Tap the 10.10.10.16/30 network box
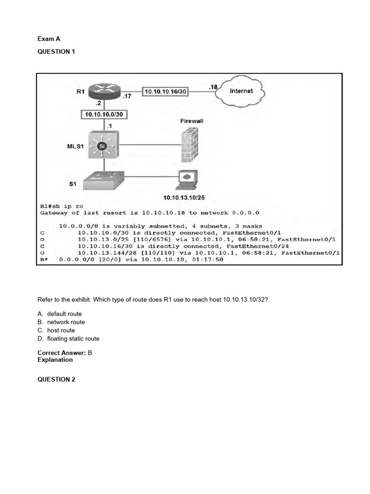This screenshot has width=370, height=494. click(166, 91)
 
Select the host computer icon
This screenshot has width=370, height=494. click(188, 180)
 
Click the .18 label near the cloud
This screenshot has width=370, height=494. click(213, 87)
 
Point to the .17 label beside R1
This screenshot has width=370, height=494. click(127, 96)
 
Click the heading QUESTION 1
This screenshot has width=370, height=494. click(56, 52)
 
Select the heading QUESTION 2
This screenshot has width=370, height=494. click(56, 379)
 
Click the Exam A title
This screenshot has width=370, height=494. click(49, 39)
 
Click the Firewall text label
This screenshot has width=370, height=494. click(191, 121)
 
